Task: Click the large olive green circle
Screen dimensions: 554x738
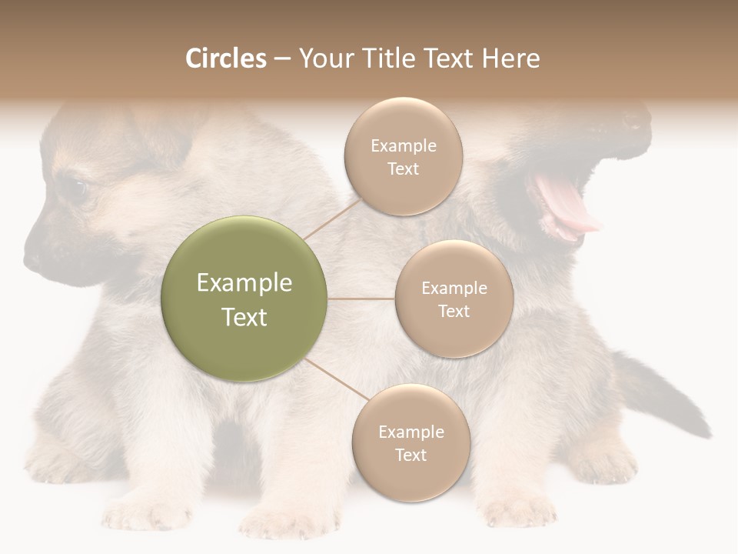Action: pos(244,299)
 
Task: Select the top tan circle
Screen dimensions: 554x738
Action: pos(403,156)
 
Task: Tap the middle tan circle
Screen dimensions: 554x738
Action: pos(454,299)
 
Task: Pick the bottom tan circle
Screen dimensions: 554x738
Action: pos(411,442)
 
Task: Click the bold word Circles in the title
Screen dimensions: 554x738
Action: pos(226,58)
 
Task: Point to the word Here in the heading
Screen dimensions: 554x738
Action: pos(510,58)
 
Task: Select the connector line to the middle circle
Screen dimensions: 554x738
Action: pos(361,299)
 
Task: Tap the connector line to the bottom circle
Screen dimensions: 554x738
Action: pos(336,380)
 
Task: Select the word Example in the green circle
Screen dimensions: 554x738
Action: pos(244,283)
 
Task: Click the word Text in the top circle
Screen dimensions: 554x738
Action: pos(403,169)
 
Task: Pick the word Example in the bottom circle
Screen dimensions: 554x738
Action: pos(411,432)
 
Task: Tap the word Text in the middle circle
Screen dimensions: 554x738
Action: pos(454,311)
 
